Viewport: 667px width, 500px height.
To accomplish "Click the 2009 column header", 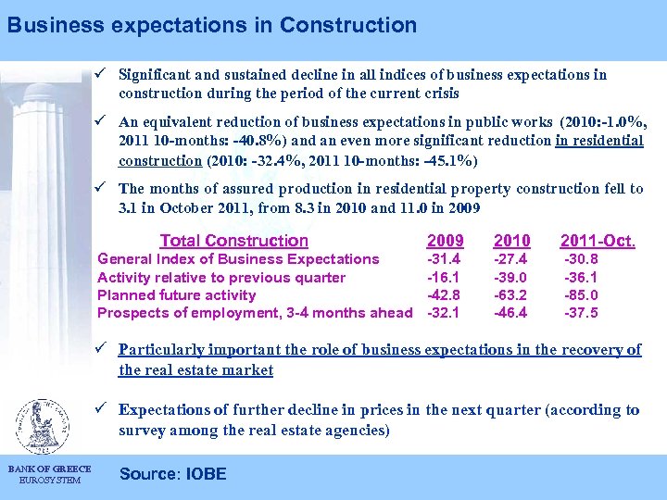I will click(445, 241).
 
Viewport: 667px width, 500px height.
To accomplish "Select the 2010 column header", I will click(512, 241).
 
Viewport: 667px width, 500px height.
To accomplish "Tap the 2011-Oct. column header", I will click(598, 241).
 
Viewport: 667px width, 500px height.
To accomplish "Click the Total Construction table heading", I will click(233, 241).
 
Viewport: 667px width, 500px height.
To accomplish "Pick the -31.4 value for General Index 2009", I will click(444, 259).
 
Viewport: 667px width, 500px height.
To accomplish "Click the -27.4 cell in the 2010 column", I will click(511, 259).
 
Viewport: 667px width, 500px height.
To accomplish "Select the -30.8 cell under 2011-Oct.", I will click(582, 259).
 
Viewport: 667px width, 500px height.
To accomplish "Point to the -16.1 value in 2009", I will click(444, 278).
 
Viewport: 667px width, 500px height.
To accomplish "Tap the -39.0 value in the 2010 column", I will click(511, 278).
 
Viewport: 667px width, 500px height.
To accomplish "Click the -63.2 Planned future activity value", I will click(511, 295).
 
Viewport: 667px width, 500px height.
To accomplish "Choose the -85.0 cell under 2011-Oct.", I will click(582, 295).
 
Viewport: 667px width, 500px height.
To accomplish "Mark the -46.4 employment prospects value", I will click(511, 313).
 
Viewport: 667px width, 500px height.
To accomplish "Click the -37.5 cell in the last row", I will click(582, 313).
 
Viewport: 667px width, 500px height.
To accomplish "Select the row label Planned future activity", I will click(176, 295).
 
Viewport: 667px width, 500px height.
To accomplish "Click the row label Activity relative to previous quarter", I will click(221, 278).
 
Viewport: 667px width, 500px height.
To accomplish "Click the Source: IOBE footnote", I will click(172, 474).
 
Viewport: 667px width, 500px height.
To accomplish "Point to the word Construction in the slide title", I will click(352, 25).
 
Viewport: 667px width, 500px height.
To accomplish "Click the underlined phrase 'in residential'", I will click(599, 141).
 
